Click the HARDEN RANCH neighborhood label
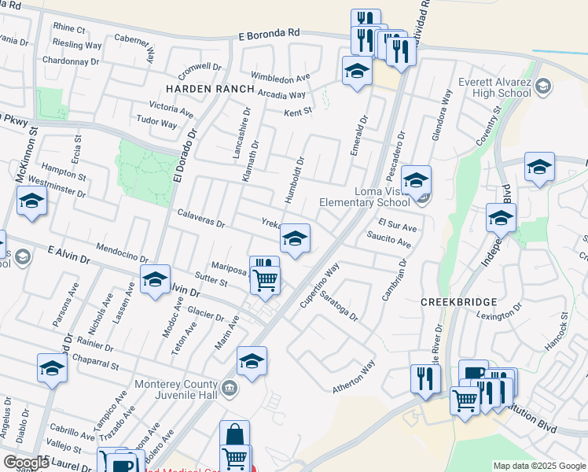point(209,89)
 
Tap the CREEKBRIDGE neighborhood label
point(460,302)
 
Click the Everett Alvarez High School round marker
point(542,88)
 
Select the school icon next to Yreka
point(295,238)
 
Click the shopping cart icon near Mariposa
point(266,278)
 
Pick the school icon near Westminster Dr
point(31,201)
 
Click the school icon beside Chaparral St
point(53,367)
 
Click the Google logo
point(25,463)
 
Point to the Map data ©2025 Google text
point(538,466)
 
